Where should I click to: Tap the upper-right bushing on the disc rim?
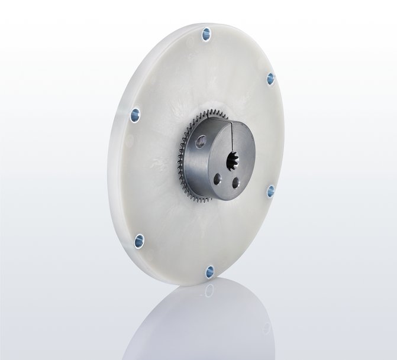270,79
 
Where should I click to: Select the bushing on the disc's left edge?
134,113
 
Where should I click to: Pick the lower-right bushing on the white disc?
270,191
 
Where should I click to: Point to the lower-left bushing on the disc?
139,239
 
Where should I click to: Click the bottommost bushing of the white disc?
209,271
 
